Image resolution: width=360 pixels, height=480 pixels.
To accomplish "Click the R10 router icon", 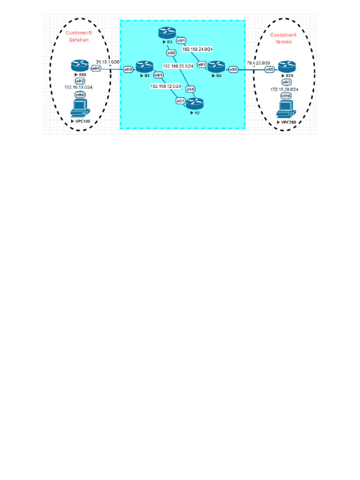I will [77, 66].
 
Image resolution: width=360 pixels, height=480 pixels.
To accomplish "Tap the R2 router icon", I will [195, 103].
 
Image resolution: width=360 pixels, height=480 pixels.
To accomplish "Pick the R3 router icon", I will [166, 33].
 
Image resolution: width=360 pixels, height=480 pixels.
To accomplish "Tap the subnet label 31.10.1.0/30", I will [108, 62].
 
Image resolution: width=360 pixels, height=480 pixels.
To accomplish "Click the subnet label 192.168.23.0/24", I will [179, 66].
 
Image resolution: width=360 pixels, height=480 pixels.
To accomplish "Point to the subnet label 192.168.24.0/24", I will [198, 48].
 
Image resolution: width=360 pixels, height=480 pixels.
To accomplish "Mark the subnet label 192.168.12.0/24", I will [166, 86].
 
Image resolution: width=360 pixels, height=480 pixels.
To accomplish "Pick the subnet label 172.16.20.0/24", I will [285, 89].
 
